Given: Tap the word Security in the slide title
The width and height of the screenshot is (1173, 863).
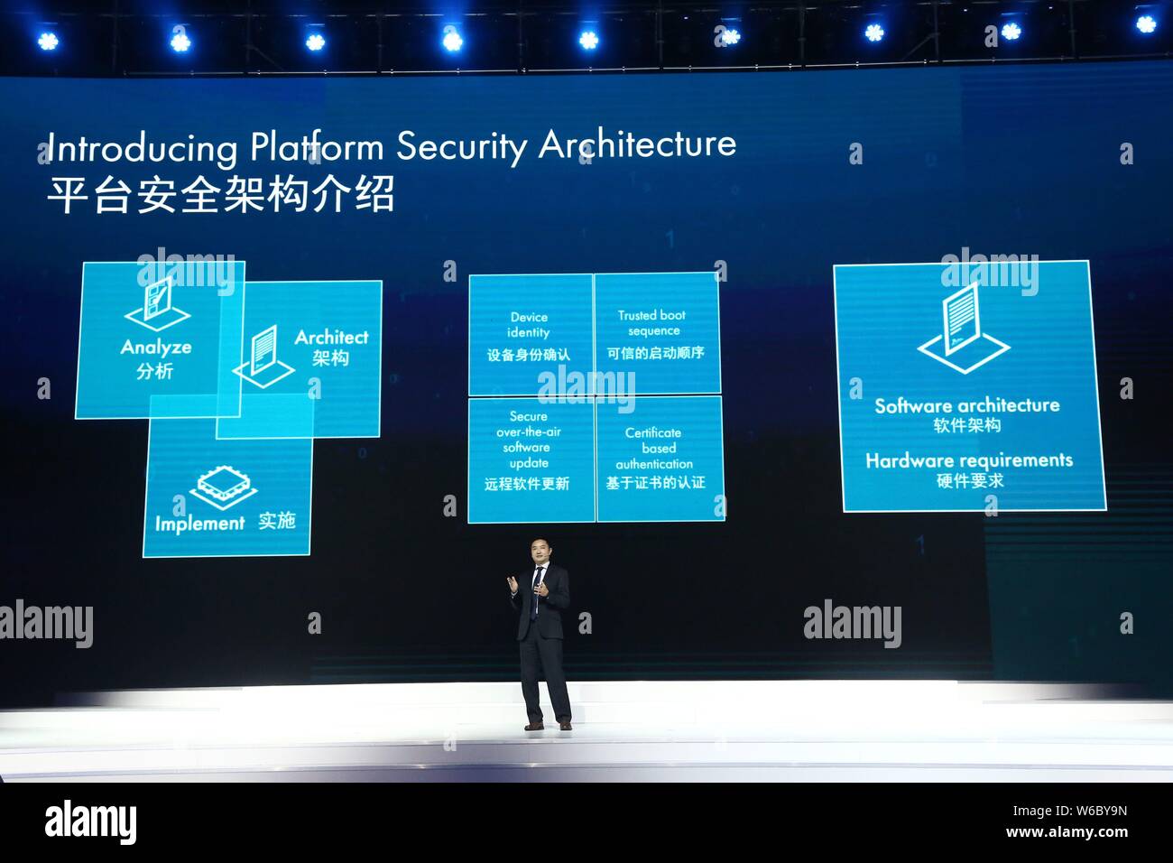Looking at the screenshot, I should tap(461, 147).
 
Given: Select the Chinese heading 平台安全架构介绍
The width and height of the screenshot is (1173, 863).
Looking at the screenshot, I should tap(220, 194).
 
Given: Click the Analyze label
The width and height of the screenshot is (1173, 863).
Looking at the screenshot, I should tap(156, 347).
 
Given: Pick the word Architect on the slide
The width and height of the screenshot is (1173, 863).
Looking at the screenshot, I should tap(331, 337).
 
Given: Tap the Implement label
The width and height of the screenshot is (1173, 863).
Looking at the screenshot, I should tap(199, 524).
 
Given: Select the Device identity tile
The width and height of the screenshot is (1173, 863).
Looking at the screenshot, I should tap(530, 335).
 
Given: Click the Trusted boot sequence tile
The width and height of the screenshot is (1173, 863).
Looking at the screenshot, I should tap(656, 334).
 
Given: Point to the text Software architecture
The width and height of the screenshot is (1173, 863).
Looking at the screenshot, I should tap(966, 405).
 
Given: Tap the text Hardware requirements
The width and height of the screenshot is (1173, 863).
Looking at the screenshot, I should tap(969, 460).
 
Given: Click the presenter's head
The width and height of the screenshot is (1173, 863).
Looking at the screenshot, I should tap(539, 553).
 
